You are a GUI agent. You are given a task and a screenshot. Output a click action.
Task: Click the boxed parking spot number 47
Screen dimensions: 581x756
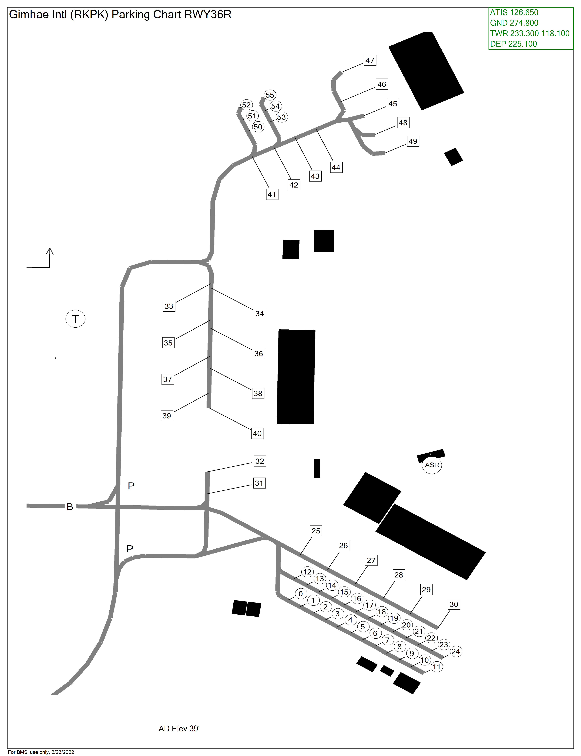370,60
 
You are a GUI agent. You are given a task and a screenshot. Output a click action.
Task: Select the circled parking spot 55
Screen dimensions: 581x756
270,95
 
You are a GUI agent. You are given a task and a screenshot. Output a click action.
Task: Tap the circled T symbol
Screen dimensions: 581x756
75,319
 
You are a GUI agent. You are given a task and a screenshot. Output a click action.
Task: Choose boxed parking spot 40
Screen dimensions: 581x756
257,433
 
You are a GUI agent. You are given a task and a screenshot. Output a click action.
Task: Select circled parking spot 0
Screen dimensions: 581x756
301,594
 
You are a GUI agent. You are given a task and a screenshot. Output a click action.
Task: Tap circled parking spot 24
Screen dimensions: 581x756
456,651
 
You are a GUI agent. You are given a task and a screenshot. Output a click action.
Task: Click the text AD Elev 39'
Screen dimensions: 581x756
179,729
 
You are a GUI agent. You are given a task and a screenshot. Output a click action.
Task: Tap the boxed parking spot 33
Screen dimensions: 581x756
169,306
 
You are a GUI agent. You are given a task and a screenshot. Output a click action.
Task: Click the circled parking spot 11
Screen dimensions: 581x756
437,667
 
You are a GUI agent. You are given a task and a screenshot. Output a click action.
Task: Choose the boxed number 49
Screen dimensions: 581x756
413,141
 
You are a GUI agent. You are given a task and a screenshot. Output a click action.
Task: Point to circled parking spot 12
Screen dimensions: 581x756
307,572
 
